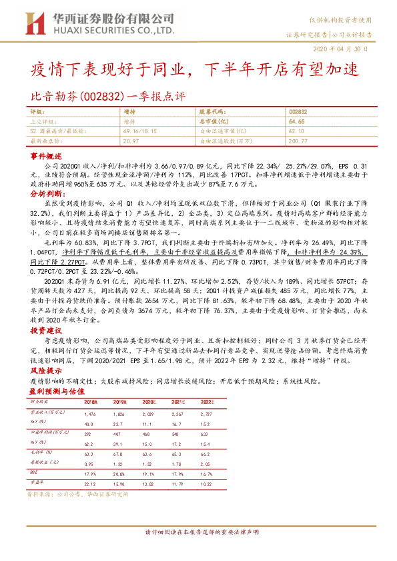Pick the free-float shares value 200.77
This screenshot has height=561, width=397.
(x=298, y=141)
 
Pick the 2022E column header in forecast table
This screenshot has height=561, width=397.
(x=207, y=402)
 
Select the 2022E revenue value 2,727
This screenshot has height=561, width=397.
(x=207, y=414)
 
